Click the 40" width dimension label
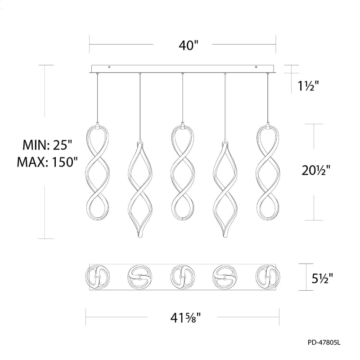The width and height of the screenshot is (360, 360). (188, 45)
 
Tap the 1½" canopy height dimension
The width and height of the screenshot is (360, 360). (308, 86)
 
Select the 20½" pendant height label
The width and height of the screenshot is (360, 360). (316, 171)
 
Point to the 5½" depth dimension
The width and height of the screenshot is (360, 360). (322, 278)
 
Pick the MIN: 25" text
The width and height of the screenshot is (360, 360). (47, 145)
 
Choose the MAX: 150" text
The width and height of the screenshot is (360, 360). (47, 162)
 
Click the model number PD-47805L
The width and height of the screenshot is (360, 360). (324, 343)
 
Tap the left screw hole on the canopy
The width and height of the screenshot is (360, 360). (109, 67)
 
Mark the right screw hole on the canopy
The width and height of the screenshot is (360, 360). (256, 67)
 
